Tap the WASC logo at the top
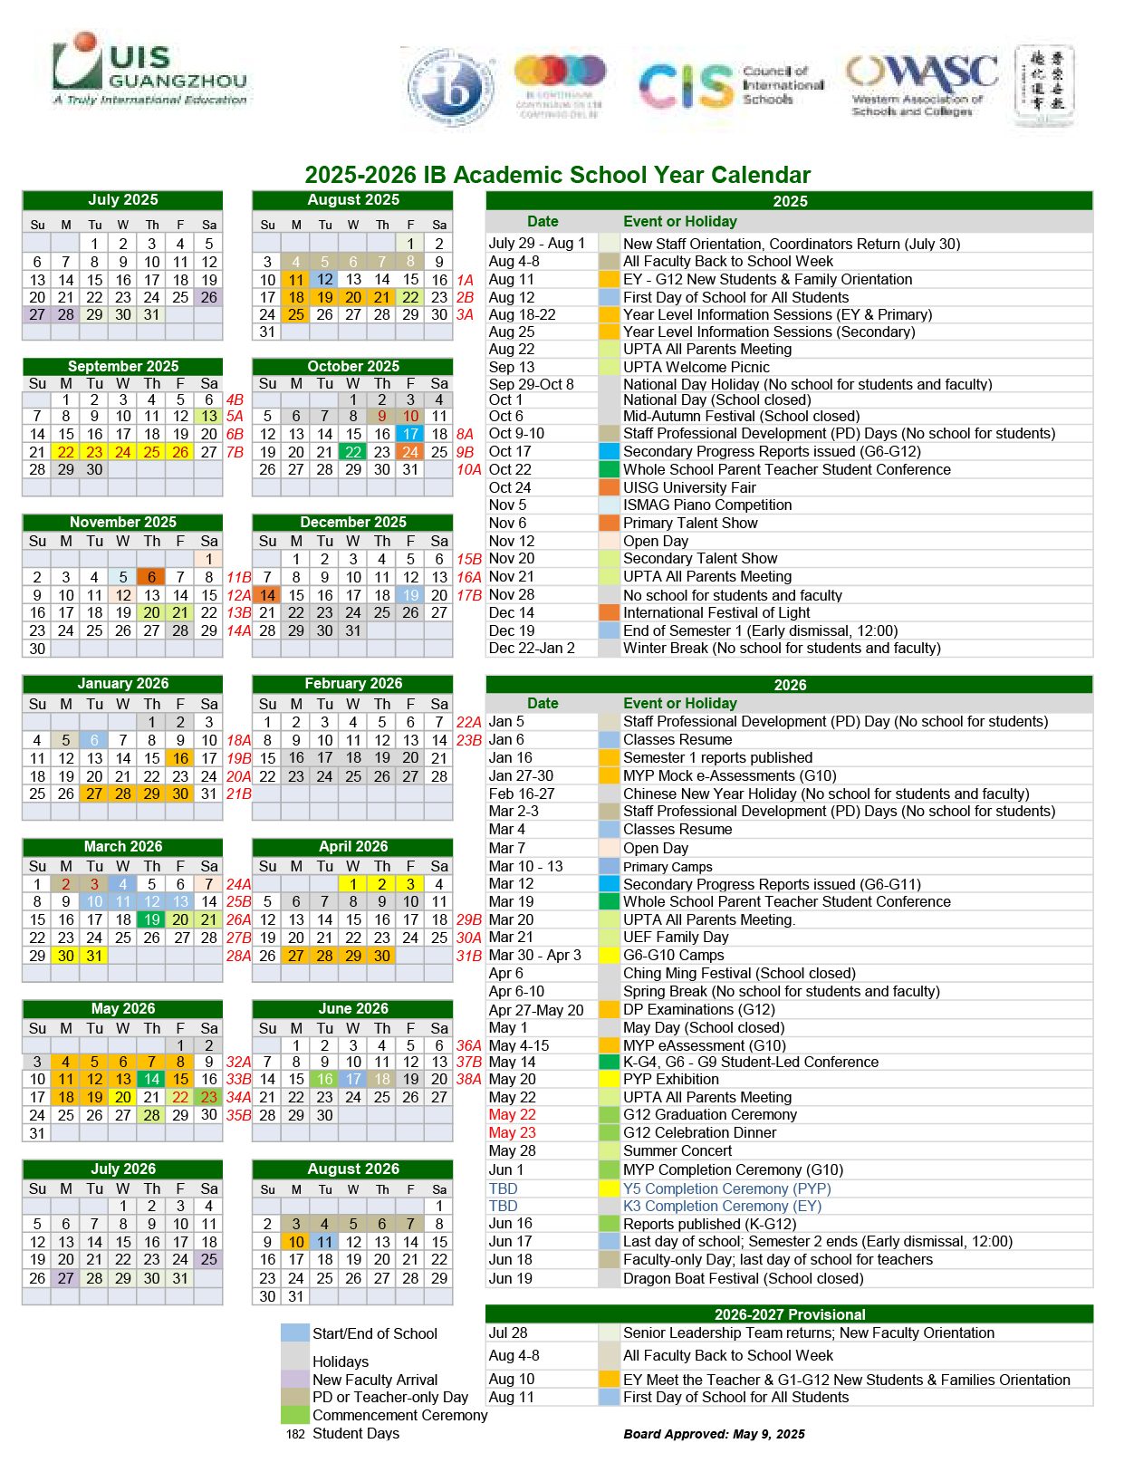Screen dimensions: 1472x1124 point(921,83)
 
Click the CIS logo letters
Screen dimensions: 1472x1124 point(686,87)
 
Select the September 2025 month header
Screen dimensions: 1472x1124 point(122,366)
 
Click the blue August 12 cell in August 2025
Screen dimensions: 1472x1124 point(325,280)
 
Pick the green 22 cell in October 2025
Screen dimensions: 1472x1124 point(353,452)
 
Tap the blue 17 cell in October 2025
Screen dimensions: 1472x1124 point(410,434)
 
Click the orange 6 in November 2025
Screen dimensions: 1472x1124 point(151,577)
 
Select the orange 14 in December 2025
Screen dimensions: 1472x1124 point(267,595)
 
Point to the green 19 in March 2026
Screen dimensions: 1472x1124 point(151,919)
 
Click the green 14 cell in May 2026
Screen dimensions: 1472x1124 point(151,1079)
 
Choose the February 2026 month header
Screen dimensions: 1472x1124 point(352,683)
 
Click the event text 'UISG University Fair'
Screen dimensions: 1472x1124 point(690,487)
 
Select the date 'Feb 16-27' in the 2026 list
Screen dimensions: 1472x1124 point(522,794)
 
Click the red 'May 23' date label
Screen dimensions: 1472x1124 point(513,1132)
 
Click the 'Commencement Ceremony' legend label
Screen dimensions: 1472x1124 point(399,1415)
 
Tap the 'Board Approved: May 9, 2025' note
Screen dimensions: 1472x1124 point(714,1434)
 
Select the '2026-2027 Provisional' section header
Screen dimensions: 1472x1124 point(789,1314)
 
